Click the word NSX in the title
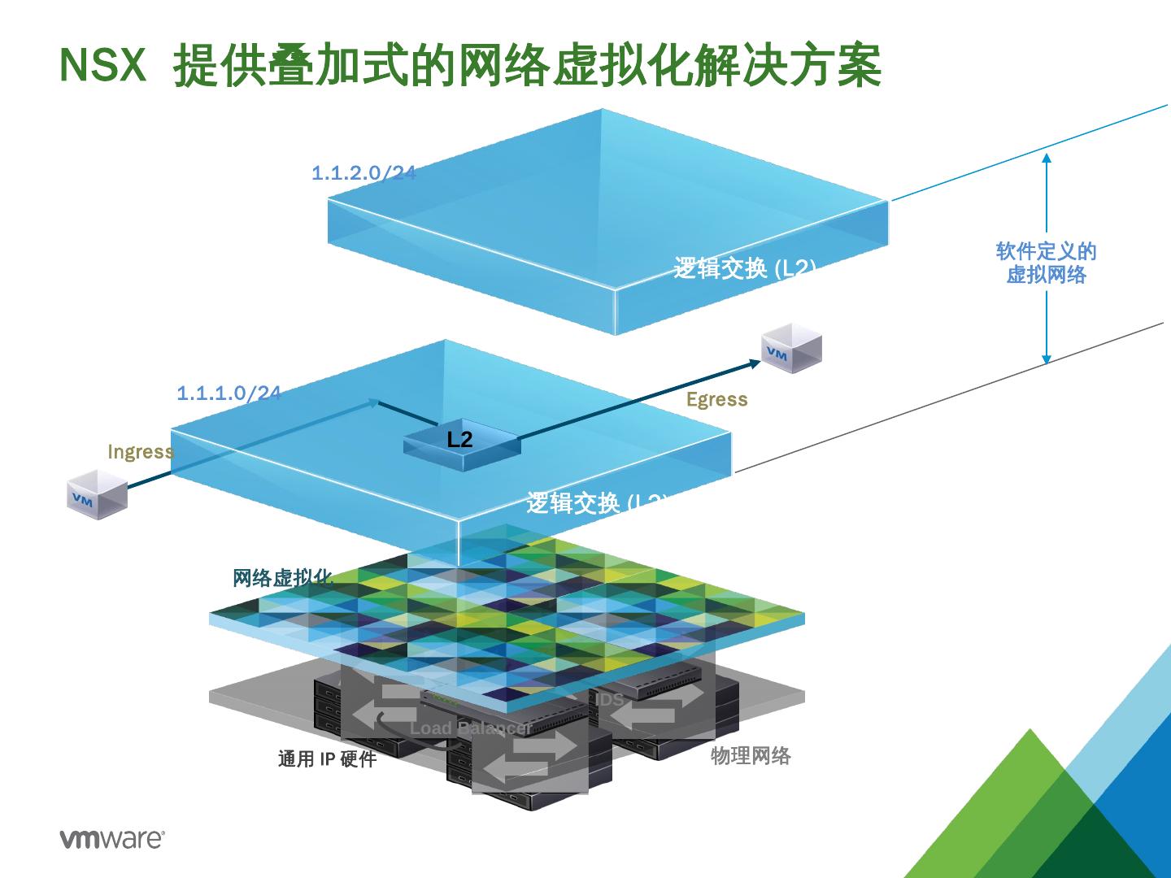click(x=103, y=65)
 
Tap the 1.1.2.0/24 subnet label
click(x=363, y=172)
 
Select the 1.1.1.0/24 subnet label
click(x=229, y=393)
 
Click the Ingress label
click(x=141, y=452)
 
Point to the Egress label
click(x=716, y=399)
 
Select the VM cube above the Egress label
click(x=791, y=348)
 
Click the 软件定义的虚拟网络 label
click(x=1046, y=263)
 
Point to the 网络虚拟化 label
click(x=283, y=578)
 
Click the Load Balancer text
click(x=470, y=728)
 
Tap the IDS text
click(x=610, y=699)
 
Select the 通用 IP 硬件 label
click(x=327, y=759)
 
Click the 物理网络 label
click(x=751, y=756)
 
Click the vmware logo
click(x=112, y=839)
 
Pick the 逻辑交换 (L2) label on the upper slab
click(x=744, y=268)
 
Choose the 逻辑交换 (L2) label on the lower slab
click(x=597, y=502)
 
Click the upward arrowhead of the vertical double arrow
click(x=1047, y=158)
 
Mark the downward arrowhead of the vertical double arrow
click(x=1047, y=359)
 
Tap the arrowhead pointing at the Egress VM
click(x=755, y=362)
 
